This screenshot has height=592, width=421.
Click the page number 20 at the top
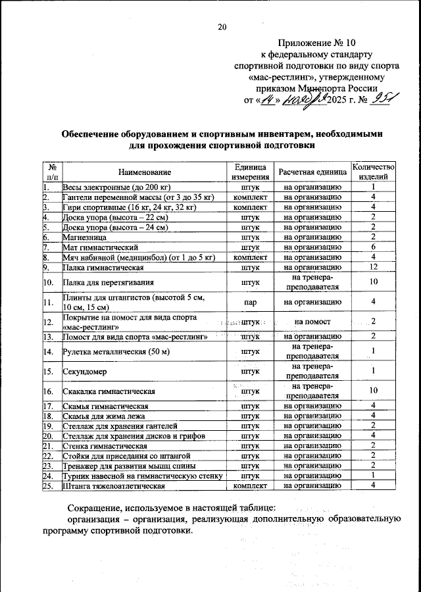222,27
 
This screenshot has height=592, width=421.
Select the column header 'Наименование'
145,172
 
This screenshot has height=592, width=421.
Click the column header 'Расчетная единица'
312,172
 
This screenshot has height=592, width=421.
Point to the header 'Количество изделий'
373,172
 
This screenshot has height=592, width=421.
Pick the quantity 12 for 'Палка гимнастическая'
373,267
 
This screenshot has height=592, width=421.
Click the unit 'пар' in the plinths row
249,302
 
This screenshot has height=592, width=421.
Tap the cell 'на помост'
312,322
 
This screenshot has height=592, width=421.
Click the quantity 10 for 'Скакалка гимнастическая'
373,391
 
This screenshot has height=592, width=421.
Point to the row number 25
47,485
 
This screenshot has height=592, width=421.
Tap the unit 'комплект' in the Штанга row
249,485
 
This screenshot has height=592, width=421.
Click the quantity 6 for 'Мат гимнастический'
373,247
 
